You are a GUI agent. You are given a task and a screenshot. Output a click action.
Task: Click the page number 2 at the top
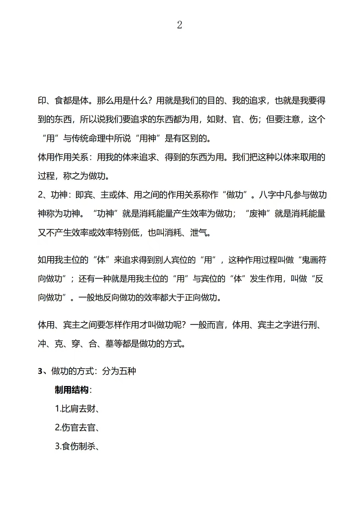coord(180,25)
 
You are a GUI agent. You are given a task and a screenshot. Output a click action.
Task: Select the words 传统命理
coord(88,138)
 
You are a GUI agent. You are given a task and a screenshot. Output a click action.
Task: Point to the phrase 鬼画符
coord(314,260)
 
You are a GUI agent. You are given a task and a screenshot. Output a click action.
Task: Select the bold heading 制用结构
coord(72,390)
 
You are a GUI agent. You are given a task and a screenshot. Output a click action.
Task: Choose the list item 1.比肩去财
coord(77,408)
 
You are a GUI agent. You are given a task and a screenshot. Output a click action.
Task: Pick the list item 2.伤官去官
coord(77,427)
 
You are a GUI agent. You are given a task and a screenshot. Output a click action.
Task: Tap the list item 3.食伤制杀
coord(77,446)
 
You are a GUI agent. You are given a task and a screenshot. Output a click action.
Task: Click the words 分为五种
coord(119,371)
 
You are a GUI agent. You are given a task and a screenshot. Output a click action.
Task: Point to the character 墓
coord(110,344)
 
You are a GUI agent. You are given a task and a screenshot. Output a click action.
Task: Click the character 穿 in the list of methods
coord(76,344)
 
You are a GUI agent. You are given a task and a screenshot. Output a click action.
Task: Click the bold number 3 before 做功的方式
coord(40,371)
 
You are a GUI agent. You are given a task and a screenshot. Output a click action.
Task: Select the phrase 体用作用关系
coord(63,157)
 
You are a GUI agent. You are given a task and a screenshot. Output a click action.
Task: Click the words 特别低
coord(126,233)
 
